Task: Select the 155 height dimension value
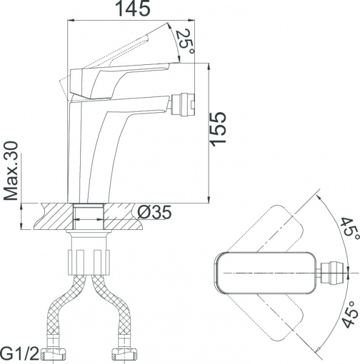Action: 218,128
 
